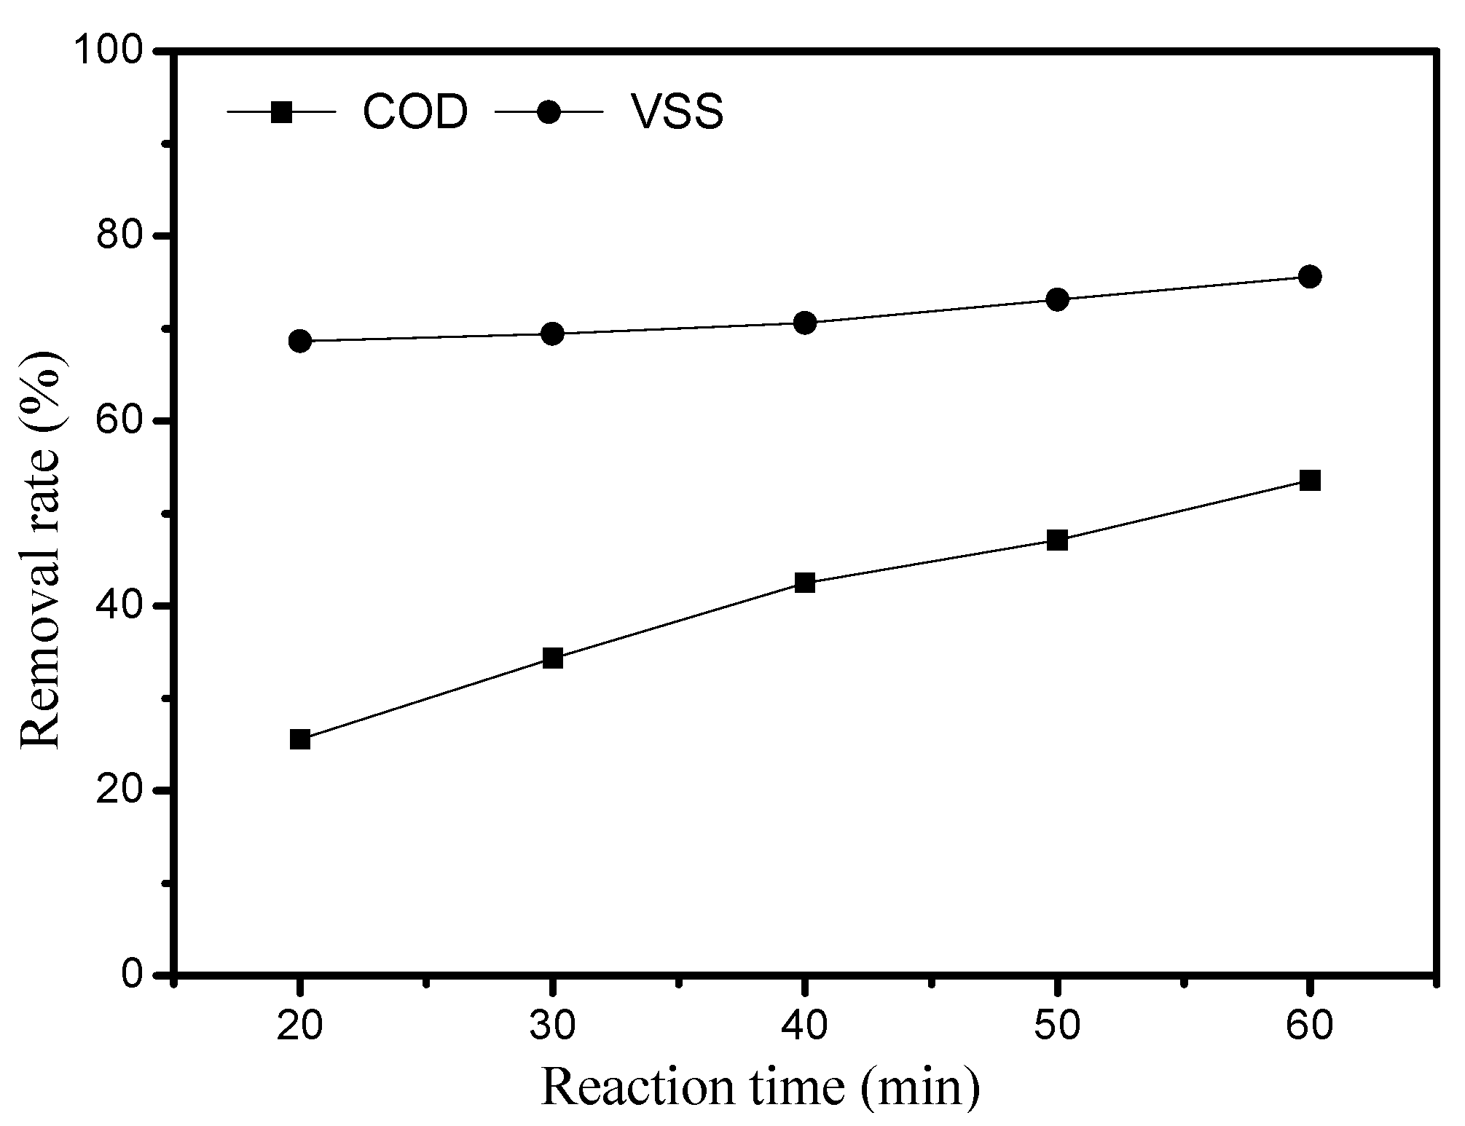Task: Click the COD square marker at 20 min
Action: (x=300, y=739)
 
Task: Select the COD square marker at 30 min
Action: (x=553, y=658)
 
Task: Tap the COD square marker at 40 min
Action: (x=805, y=583)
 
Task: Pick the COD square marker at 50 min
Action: (x=1057, y=540)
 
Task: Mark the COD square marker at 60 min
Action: (x=1309, y=480)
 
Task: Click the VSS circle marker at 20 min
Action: (x=300, y=341)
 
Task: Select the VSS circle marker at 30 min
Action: (x=553, y=334)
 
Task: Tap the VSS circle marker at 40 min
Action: (x=805, y=323)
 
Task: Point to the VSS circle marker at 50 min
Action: (x=1057, y=299)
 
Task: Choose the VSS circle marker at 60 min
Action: (x=1309, y=277)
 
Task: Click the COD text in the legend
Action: (x=415, y=114)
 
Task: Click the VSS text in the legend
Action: (x=677, y=114)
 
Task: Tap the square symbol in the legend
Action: (x=281, y=112)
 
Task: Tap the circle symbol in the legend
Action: (x=549, y=112)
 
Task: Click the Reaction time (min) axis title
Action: (x=760, y=1088)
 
